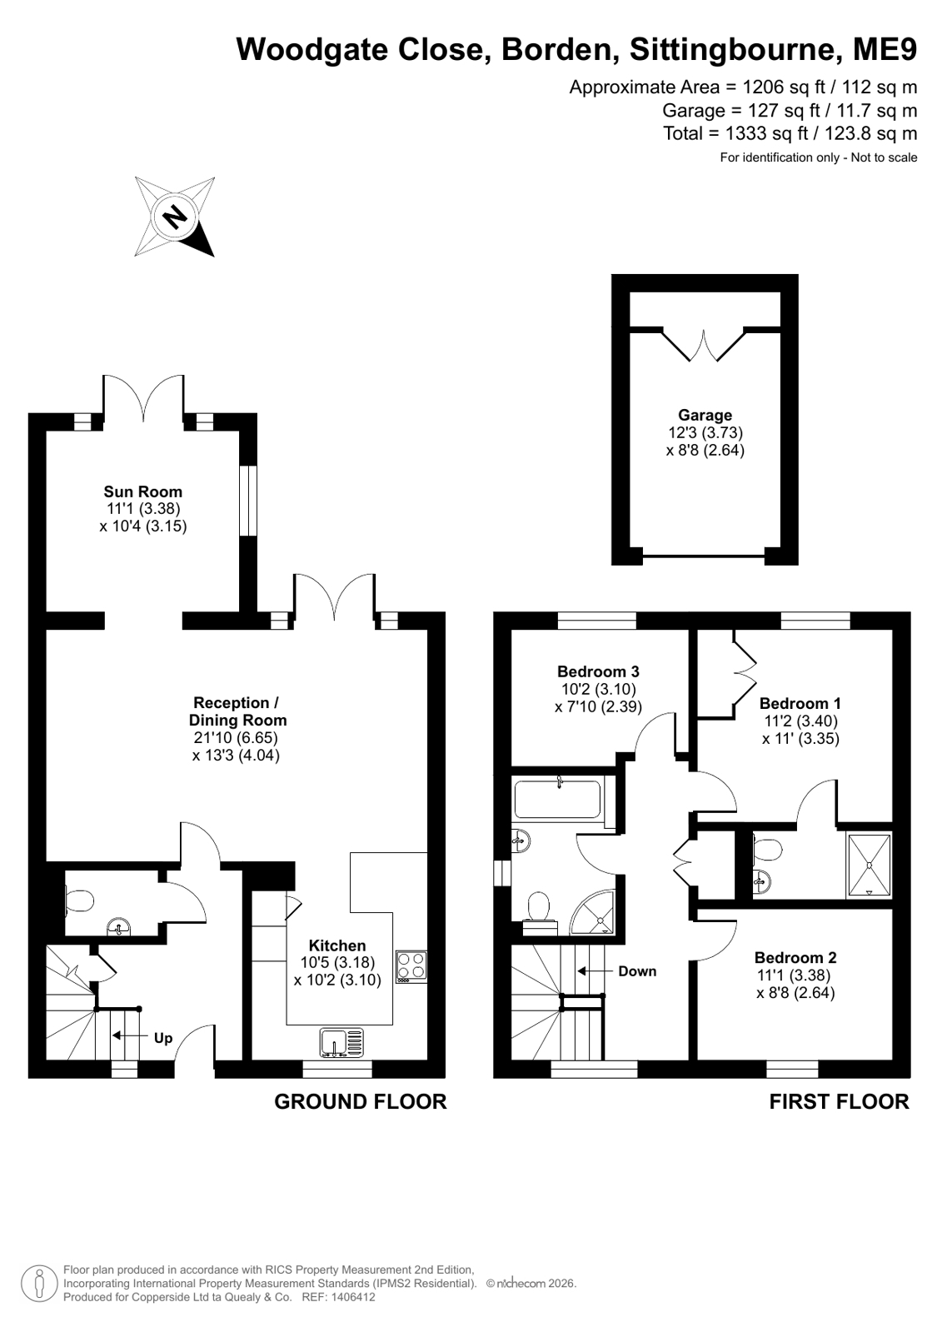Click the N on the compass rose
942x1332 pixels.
(x=174, y=217)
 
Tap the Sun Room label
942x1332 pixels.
(x=142, y=491)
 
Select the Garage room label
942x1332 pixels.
(x=705, y=415)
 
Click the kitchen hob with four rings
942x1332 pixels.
(x=411, y=966)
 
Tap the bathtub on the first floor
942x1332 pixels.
(x=557, y=799)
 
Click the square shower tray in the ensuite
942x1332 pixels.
(x=870, y=866)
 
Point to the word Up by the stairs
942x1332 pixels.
(x=163, y=1038)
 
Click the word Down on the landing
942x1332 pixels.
(x=637, y=971)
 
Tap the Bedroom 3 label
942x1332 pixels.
(x=598, y=671)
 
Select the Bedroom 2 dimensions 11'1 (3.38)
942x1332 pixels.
(x=794, y=975)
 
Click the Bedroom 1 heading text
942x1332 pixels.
(x=800, y=703)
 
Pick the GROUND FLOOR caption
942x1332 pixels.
(x=361, y=1102)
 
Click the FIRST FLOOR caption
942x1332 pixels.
(x=840, y=1102)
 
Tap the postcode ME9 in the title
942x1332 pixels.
(x=885, y=50)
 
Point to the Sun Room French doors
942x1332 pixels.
(x=143, y=397)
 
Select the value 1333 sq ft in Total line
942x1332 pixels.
(x=766, y=133)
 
